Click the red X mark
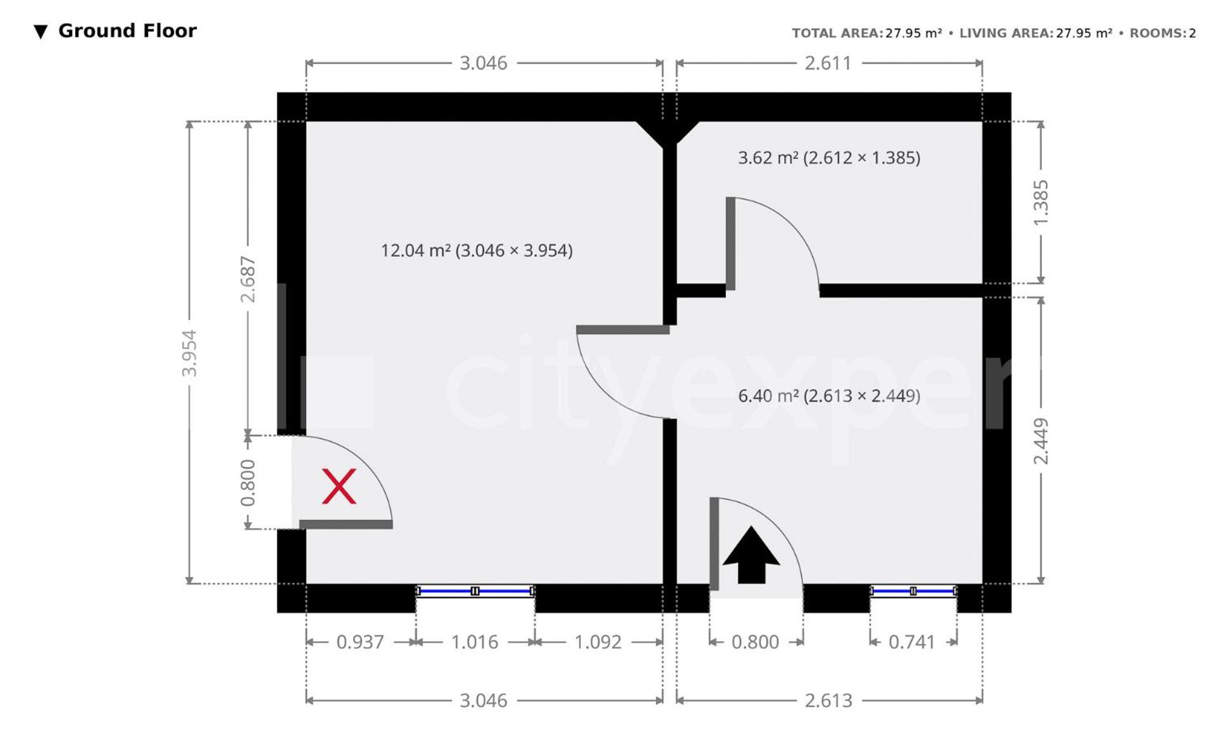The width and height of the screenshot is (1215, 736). coord(339,486)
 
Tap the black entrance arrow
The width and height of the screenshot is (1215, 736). coord(751,555)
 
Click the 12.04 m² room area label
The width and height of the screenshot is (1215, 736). coord(477,250)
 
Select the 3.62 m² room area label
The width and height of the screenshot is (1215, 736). coord(829,157)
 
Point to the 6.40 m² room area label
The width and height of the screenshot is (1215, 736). coord(829,396)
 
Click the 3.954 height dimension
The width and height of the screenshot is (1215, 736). coord(189,353)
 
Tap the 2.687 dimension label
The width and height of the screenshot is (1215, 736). coord(247,279)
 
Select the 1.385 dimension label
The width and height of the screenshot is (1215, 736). coord(1040,202)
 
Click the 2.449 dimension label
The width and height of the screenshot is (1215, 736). coord(1040,441)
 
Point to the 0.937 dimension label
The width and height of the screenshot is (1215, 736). coord(360,642)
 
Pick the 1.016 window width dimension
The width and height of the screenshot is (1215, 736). coord(475,642)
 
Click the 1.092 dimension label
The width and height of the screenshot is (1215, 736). coord(598,642)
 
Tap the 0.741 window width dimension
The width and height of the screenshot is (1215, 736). coord(912,642)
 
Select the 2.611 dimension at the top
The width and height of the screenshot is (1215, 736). coord(828,63)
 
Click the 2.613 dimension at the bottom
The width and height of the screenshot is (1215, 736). coord(828,701)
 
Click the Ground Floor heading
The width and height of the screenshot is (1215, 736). coord(127,30)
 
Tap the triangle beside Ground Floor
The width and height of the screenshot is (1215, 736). coord(40,32)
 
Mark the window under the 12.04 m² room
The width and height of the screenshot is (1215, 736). coord(475,591)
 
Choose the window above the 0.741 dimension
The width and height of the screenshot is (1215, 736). coord(913,591)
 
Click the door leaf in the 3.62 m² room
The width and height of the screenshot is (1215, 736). coord(730,244)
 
